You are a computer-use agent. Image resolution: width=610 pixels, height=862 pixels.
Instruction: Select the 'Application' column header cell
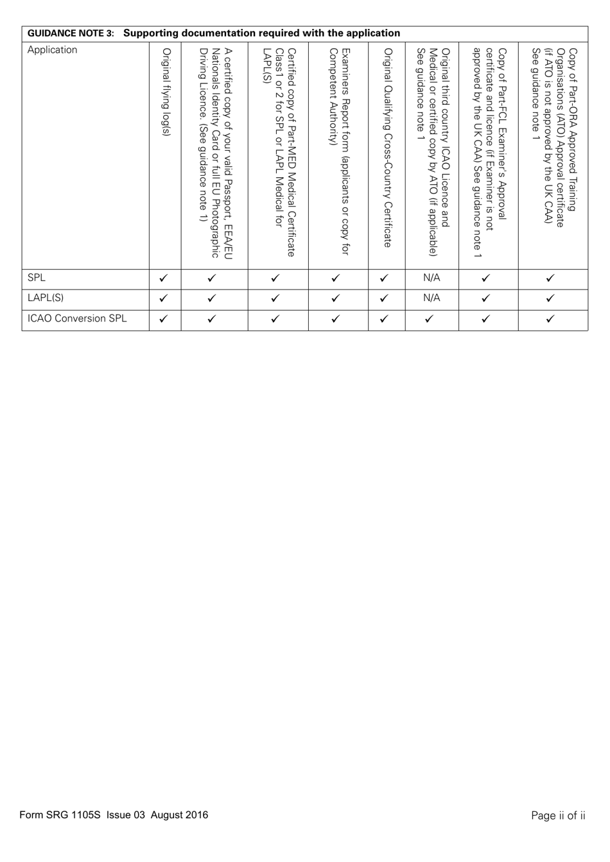click(x=52, y=50)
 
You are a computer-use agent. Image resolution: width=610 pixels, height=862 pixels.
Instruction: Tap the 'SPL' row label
click(x=37, y=278)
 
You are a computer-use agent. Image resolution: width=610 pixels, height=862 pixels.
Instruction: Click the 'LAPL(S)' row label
click(x=45, y=298)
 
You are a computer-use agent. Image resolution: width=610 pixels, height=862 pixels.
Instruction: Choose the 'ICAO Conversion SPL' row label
click(x=77, y=318)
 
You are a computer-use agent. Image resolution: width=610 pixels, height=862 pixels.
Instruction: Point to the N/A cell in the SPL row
click(x=431, y=278)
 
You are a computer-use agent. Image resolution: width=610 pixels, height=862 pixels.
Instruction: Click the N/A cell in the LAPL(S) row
click(x=431, y=298)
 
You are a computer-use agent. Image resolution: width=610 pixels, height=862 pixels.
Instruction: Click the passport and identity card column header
click(x=214, y=154)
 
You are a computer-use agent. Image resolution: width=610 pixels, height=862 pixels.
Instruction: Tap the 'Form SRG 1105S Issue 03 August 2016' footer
click(x=114, y=815)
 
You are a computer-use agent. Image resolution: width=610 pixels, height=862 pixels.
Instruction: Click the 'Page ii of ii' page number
click(x=558, y=816)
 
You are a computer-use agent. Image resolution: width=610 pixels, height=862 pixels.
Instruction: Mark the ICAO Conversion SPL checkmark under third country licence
click(x=431, y=318)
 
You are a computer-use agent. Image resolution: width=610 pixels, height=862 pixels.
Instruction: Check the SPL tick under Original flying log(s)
click(x=164, y=279)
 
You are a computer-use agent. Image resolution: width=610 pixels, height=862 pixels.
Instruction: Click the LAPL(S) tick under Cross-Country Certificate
click(x=385, y=298)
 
